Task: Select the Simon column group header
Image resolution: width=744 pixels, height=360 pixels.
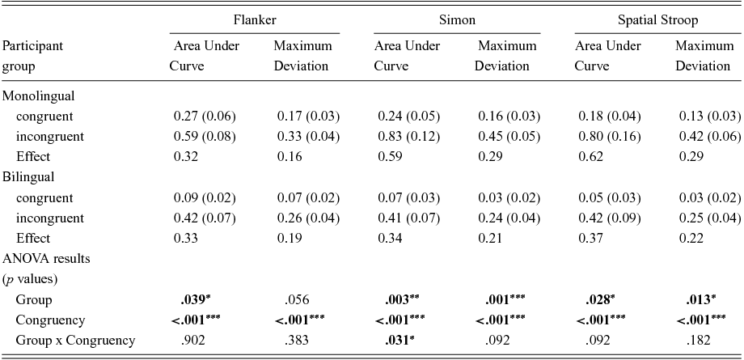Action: pos(451,19)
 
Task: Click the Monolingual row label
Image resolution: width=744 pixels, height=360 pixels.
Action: pos(39,96)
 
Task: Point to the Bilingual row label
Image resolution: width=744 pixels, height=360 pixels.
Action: pos(29,176)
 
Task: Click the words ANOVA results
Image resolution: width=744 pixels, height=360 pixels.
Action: pos(45,259)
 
